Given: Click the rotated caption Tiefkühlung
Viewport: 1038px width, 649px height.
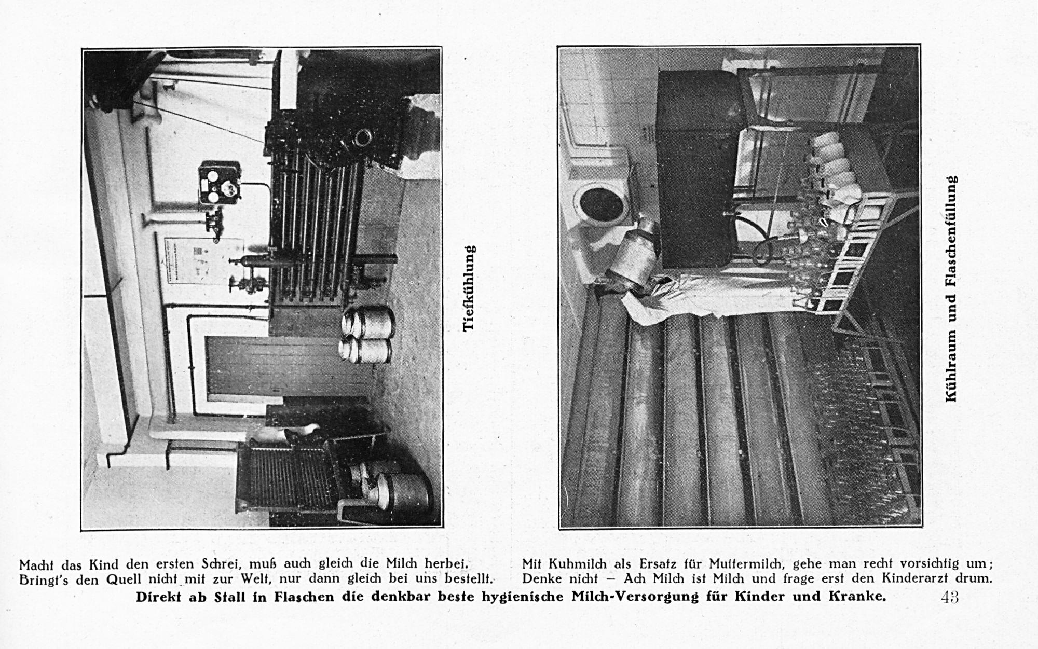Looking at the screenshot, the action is point(469,288).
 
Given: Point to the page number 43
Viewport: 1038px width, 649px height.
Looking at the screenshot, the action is point(949,597).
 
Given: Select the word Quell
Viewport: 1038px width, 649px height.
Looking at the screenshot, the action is point(121,579).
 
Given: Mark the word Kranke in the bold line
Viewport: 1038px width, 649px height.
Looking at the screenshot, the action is point(861,597).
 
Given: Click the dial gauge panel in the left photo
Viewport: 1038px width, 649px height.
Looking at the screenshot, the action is point(220,182).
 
